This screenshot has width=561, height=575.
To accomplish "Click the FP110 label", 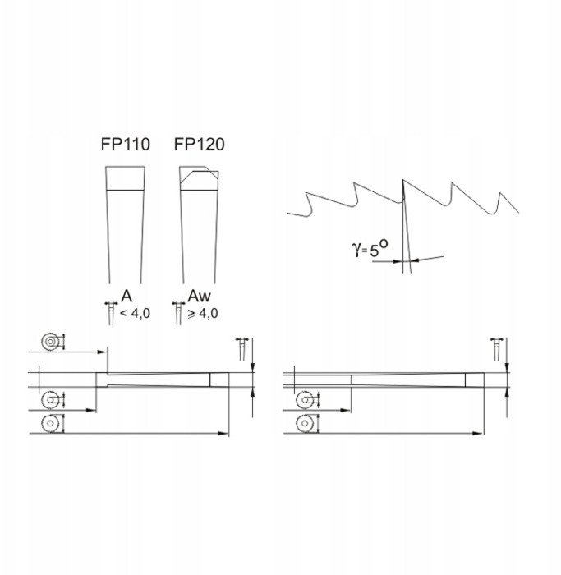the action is (126, 144).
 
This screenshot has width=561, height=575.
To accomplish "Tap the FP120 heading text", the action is (199, 144).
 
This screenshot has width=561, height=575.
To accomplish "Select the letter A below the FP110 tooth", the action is (126, 297).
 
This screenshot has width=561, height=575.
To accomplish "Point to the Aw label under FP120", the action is (199, 297).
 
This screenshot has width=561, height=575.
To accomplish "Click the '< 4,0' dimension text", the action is (135, 314).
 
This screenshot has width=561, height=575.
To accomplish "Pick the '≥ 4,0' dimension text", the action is (203, 314).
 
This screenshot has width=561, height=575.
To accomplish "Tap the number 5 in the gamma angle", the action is (374, 251).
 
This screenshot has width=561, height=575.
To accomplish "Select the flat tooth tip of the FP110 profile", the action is (125, 178).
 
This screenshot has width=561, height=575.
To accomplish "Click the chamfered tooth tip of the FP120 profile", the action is (199, 178).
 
